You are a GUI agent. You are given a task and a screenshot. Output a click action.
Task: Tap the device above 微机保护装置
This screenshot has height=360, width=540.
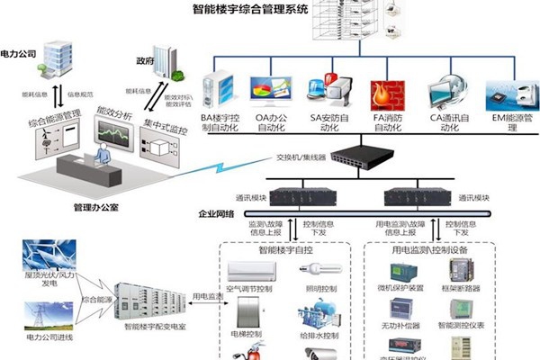(x=398, y=269)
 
